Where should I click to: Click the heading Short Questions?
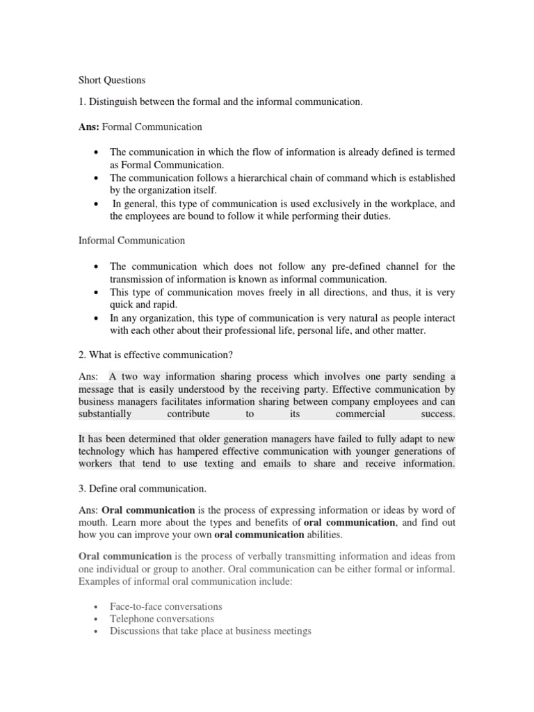111,80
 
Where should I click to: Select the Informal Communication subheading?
131,241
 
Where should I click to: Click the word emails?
274,464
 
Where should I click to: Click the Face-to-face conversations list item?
166,606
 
